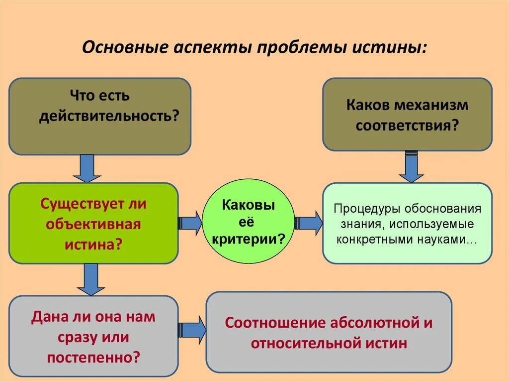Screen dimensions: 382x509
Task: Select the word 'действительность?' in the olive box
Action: pyautogui.click(x=109, y=116)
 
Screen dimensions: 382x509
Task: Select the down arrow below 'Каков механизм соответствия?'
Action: pyautogui.click(x=411, y=166)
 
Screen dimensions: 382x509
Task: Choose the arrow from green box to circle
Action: pyautogui.click(x=190, y=223)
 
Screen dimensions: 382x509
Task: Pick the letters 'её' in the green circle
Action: pyautogui.click(x=248, y=222)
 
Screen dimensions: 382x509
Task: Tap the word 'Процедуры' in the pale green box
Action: pyautogui.click(x=367, y=208)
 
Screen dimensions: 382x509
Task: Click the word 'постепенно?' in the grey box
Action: pyautogui.click(x=93, y=357)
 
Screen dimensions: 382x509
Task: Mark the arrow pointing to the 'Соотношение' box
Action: pyautogui.click(x=192, y=329)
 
